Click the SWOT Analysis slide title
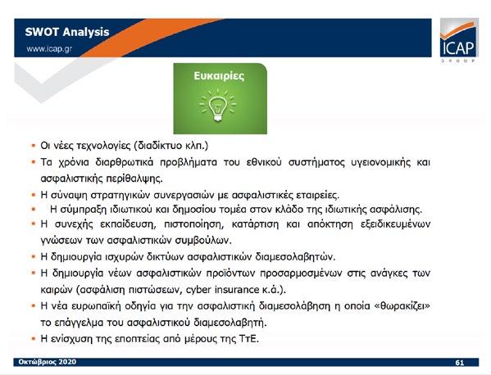tap(67, 32)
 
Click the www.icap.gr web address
tap(49, 49)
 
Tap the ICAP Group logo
tap(459, 41)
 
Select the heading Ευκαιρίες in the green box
tap(219, 76)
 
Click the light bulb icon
tap(218, 106)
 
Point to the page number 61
tap(459, 363)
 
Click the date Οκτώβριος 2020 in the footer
tap(48, 362)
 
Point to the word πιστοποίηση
tap(193, 224)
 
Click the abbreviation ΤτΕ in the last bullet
tap(248, 339)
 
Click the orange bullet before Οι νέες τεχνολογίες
tap(34, 146)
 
